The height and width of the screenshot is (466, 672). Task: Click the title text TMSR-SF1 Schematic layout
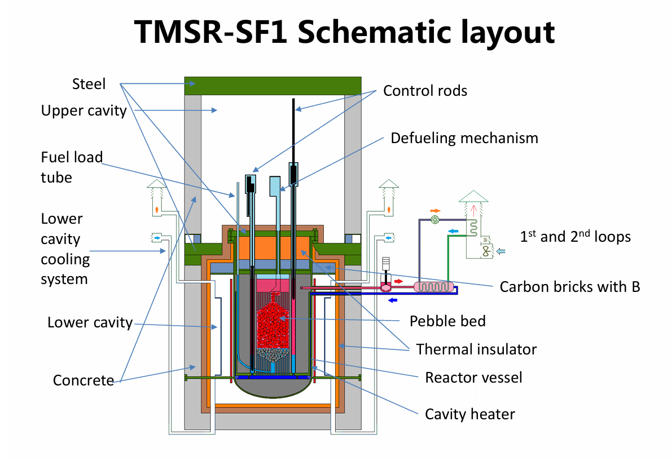coord(345,33)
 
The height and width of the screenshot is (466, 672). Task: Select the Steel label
coord(89,84)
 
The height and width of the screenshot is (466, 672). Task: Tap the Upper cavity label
coord(84,110)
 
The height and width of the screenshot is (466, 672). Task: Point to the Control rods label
coord(425,91)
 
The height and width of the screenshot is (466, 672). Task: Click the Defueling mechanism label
coord(464,138)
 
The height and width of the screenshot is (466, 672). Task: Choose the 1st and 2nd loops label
coord(575,237)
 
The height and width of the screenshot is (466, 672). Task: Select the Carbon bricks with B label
coord(570,287)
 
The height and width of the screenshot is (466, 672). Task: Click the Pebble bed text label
coord(447,321)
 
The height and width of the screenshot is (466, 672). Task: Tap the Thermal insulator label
coord(476,349)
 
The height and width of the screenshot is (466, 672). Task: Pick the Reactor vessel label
coord(473,377)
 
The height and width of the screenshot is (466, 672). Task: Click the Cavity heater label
coord(469,415)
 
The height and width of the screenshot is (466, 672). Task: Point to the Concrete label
coord(84,380)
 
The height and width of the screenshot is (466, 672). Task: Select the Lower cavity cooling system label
coord(65,249)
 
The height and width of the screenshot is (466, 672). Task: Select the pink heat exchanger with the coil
coord(434,287)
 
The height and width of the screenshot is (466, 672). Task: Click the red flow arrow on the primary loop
coord(398,280)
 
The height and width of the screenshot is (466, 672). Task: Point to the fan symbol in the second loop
coord(436,220)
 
